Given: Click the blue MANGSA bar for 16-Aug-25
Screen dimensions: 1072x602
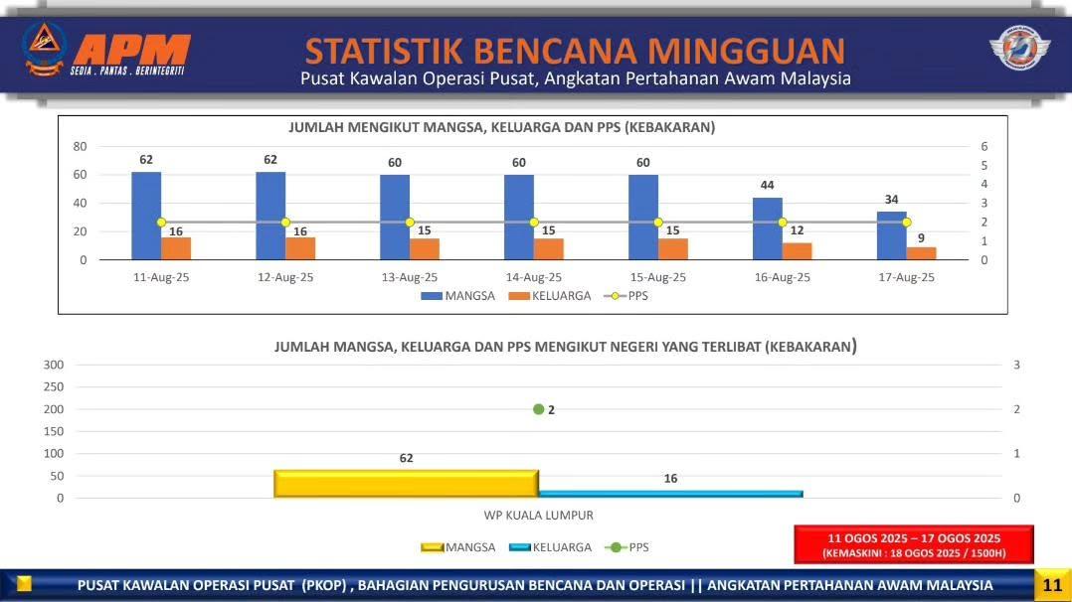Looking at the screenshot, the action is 767,228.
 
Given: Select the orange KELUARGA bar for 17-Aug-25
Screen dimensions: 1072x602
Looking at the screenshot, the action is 921,253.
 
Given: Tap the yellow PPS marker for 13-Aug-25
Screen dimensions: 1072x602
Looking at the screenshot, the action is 410,223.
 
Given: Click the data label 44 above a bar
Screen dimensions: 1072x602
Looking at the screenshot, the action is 767,185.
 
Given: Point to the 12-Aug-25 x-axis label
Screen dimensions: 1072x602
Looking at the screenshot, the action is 285,277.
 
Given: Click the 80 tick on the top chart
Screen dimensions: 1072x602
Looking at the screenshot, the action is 80,146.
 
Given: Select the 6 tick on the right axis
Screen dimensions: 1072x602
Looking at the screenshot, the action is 984,146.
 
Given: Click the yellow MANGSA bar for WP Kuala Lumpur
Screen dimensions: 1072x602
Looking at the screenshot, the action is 406,484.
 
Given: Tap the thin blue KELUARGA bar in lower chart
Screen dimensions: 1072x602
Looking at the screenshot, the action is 670,494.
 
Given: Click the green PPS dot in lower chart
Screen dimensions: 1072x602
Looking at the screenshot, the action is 539,409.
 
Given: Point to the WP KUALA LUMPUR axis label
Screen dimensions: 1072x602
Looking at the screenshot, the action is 539,516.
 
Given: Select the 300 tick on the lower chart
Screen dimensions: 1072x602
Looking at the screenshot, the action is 54,365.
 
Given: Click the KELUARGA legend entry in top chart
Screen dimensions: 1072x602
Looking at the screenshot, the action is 550,296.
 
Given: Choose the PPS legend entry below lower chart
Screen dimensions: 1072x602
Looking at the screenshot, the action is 626,547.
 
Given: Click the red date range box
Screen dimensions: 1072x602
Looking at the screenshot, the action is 913,544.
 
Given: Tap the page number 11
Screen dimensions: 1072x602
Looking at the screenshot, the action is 1052,585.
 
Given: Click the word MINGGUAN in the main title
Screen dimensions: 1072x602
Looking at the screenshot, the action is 747,52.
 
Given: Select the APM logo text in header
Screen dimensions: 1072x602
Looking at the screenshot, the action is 131,50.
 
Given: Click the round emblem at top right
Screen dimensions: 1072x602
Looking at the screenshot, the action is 1020,48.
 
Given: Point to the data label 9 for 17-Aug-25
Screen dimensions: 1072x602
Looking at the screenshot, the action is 921,238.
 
